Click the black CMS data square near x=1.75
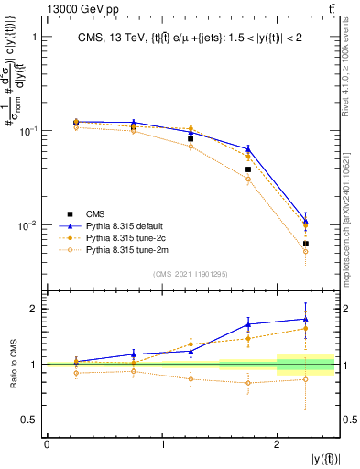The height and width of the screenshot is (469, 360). tap(248, 169)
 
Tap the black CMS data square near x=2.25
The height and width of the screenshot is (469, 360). tap(306, 244)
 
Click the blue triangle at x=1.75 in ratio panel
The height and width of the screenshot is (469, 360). tap(248, 323)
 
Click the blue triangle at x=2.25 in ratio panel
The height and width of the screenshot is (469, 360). tap(306, 319)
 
